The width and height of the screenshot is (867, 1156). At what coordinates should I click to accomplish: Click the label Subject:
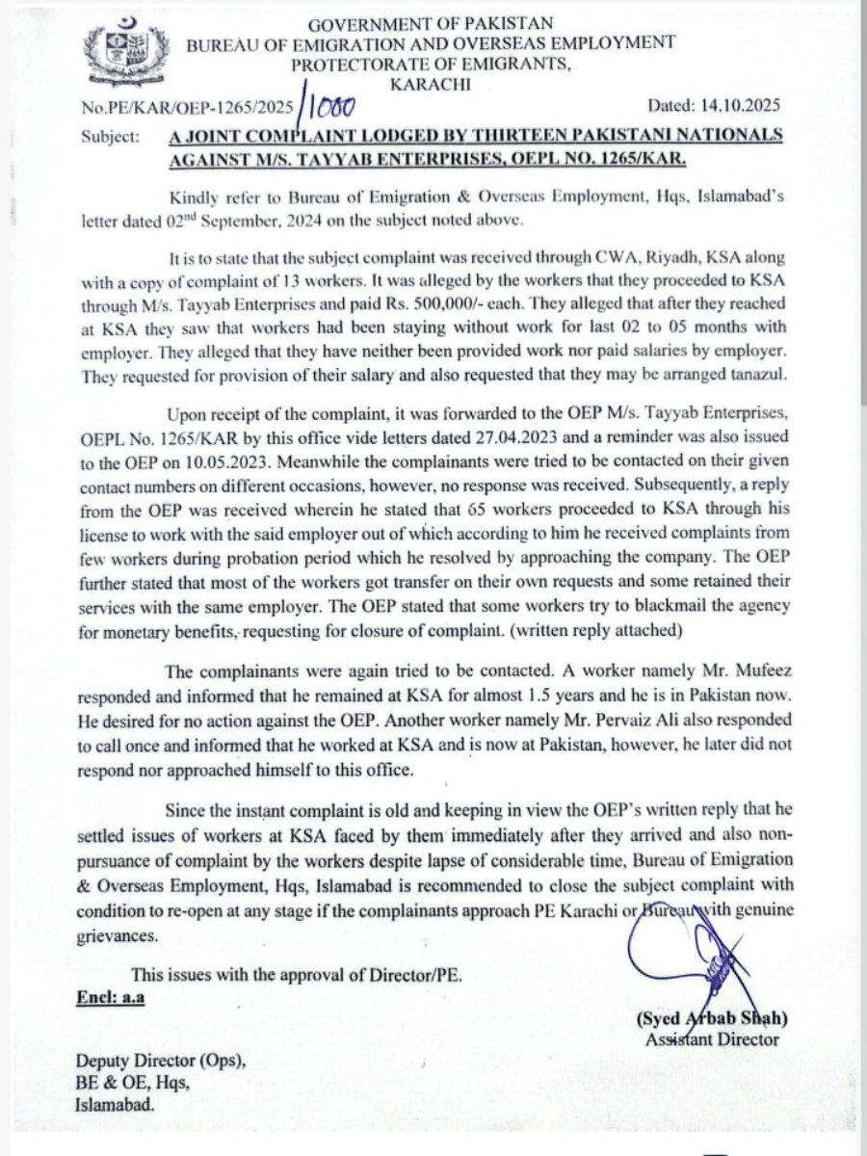110,137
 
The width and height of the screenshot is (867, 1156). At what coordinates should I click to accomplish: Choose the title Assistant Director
712,1039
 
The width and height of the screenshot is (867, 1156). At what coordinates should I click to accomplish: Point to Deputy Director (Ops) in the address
161,1062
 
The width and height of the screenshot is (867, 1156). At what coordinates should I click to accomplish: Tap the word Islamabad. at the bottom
115,1107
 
